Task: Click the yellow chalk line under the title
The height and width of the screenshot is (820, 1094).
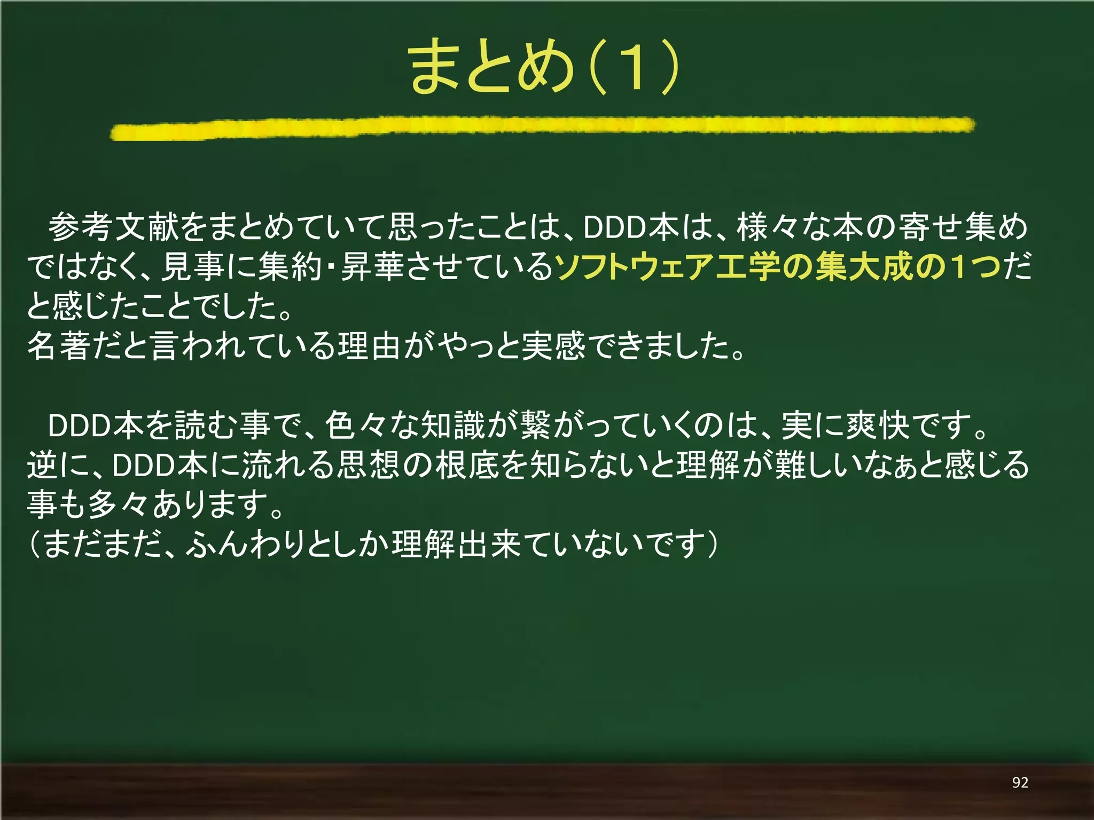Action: coord(542,128)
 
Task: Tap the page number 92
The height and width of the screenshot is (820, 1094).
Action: coord(1020,783)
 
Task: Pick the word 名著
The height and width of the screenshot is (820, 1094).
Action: coord(59,345)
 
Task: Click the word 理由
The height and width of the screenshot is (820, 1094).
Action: coord(369,345)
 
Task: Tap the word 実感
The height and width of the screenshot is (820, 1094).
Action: coord(553,345)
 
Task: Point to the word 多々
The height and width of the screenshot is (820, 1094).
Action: coord(118,504)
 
